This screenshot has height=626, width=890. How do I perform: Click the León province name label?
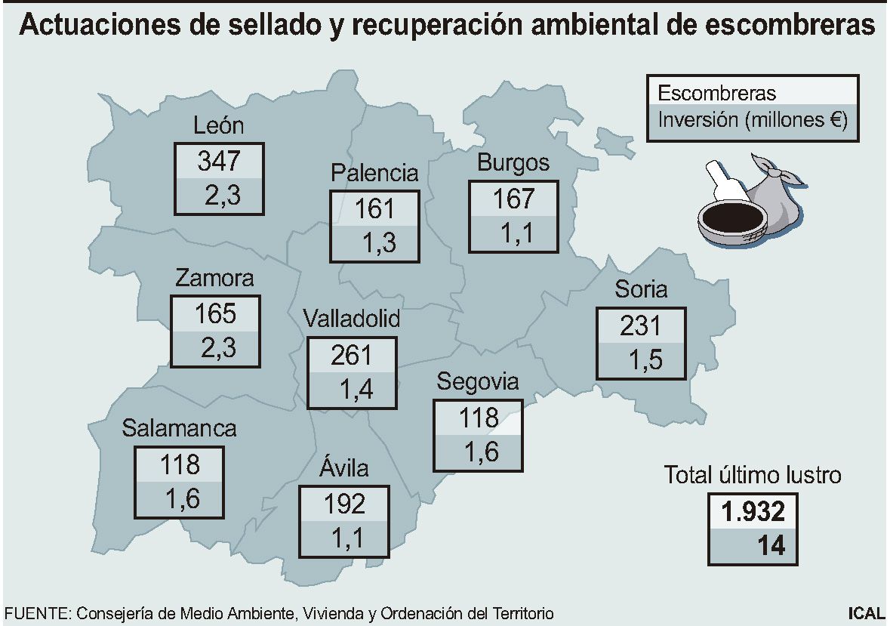pyautogui.click(x=218, y=125)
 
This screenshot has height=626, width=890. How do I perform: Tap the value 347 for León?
pyautogui.click(x=218, y=161)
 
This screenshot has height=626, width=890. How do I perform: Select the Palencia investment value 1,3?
pyautogui.click(x=374, y=243)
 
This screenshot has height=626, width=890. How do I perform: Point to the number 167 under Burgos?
pyautogui.click(x=513, y=199)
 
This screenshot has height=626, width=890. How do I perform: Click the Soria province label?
pyautogui.click(x=641, y=288)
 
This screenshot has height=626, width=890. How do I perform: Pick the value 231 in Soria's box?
pyautogui.click(x=641, y=325)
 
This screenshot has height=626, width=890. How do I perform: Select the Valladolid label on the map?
pyautogui.click(x=351, y=319)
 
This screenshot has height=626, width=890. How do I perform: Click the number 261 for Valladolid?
pyautogui.click(x=352, y=354)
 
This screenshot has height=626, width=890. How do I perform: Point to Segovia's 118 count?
pyautogui.click(x=479, y=417)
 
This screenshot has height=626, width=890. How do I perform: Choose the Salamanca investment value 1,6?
pyautogui.click(x=179, y=498)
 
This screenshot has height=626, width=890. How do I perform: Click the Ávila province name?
pyautogui.click(x=343, y=468)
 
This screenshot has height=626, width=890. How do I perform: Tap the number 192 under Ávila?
pyautogui.click(x=344, y=503)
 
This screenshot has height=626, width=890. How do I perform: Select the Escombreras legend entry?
pyautogui.click(x=716, y=94)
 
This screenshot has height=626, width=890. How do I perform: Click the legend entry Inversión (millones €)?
pyautogui.click(x=752, y=120)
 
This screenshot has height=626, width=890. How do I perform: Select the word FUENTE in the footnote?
pyautogui.click(x=35, y=613)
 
